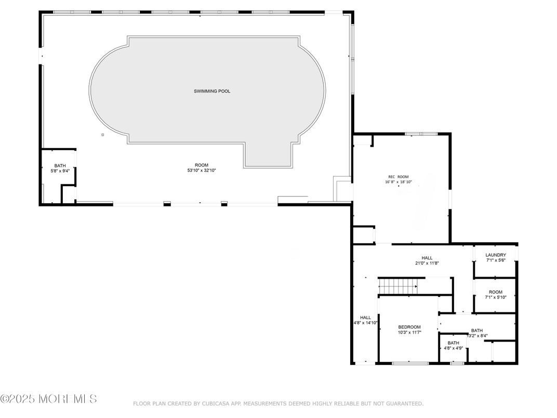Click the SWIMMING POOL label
[x=211, y=91]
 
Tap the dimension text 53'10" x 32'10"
[x=202, y=171]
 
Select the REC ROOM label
[x=398, y=177]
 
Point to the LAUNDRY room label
[x=496, y=255]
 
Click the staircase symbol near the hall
[x=397, y=285]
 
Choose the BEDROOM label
[x=409, y=327]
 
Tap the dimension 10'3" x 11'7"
[x=409, y=333]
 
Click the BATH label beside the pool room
[x=60, y=166]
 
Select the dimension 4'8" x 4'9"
[x=453, y=348]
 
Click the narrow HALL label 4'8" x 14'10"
[x=365, y=323]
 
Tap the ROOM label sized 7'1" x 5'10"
[x=496, y=292]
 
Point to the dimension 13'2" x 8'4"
[x=478, y=336]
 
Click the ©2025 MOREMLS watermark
[x=48, y=399]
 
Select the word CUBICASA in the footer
[x=216, y=403]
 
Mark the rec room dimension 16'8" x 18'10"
[x=398, y=182]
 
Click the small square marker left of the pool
[x=102, y=135]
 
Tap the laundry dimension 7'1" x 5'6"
[x=496, y=260]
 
